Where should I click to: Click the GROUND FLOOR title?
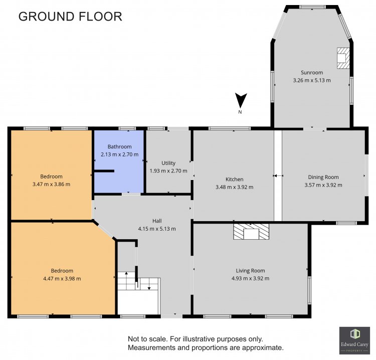(70, 17)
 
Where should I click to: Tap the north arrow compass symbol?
(241, 101)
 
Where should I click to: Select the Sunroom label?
(312, 72)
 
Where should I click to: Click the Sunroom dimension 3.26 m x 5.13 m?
(312, 80)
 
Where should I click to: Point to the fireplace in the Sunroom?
(343, 58)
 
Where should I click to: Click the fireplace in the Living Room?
(251, 232)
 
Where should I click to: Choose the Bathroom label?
(119, 146)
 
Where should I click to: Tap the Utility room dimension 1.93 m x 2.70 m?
(168, 171)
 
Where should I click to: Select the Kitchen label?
(234, 179)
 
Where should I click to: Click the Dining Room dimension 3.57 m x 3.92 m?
(323, 185)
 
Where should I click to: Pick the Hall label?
(157, 221)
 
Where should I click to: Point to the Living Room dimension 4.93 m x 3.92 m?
(250, 278)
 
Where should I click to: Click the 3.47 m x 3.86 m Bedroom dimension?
(51, 184)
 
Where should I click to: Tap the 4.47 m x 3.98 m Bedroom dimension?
(62, 278)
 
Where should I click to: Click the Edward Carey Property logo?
(354, 340)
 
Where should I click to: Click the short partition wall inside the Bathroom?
(104, 171)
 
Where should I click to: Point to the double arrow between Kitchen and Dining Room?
(278, 176)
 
